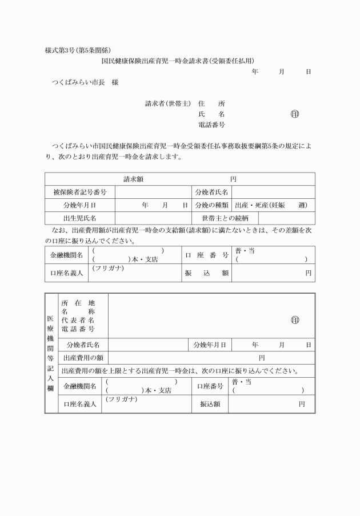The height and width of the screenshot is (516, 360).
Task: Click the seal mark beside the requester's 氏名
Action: [294, 114]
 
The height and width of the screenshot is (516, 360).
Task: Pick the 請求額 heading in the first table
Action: [134, 179]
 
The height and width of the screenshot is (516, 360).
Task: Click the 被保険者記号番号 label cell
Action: [79, 192]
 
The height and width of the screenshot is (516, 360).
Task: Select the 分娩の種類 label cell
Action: [211, 205]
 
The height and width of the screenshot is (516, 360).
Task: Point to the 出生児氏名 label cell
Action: [79, 218]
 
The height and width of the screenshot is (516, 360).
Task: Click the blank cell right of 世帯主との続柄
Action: [286, 218]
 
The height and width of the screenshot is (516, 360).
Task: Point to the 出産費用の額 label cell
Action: [83, 358]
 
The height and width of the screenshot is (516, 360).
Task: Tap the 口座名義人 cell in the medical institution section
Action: [80, 404]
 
